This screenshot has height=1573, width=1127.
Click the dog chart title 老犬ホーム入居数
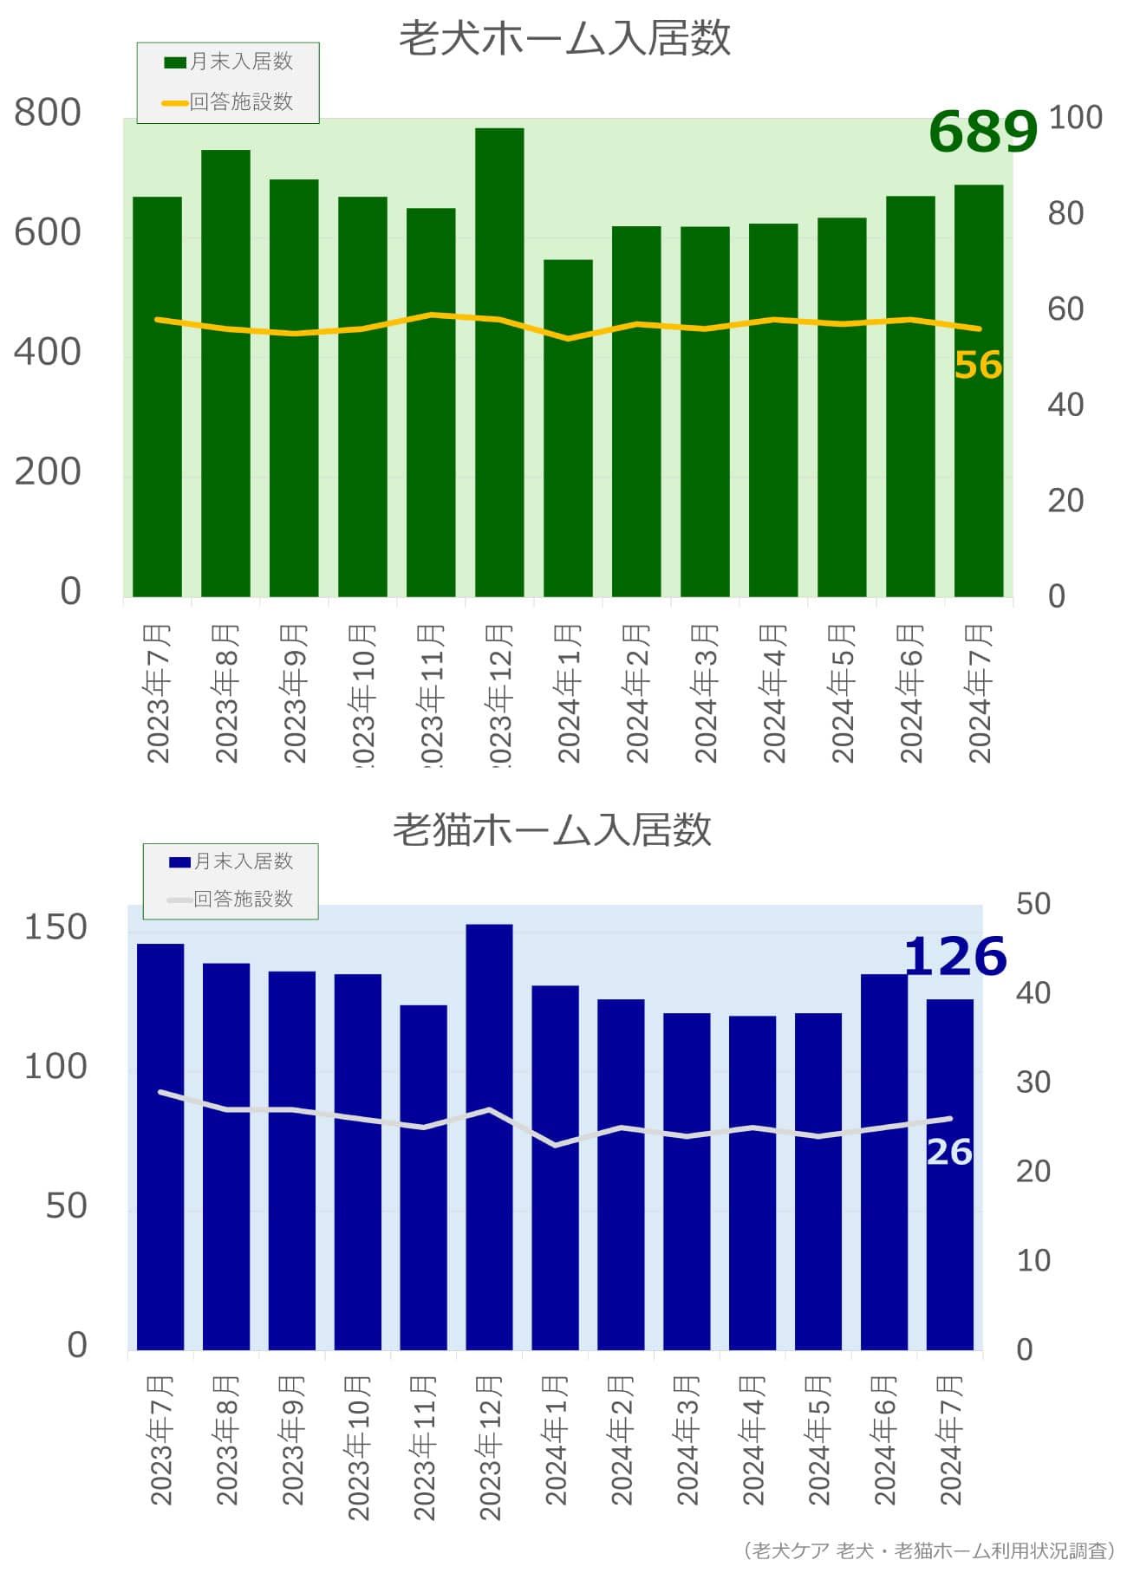pos(564,39)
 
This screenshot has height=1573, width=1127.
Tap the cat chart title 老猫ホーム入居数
pos(552,829)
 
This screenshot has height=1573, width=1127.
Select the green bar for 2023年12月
pos(499,364)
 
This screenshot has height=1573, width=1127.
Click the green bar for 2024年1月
pos(568,429)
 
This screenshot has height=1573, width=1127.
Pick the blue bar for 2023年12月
pos(489,1135)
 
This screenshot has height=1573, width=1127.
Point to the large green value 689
pos(982,132)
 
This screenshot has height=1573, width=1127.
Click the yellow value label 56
pos(978,365)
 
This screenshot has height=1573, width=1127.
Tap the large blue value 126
pos(954,957)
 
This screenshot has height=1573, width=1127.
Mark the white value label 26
pos(949,1152)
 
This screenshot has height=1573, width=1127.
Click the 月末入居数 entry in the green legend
pos(229,62)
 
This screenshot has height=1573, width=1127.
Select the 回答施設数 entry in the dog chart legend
pos(229,102)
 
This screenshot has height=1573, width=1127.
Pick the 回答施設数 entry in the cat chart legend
pos(231,899)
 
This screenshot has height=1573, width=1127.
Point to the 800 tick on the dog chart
pos(48,113)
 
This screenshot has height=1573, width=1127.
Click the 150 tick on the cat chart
pos(55,927)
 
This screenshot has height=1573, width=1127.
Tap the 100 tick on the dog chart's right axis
pos(1075,117)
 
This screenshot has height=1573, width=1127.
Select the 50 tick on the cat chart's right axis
pos(1033,903)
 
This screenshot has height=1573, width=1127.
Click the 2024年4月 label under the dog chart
pos(773,693)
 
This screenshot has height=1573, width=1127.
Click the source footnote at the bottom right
pos(928,1550)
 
